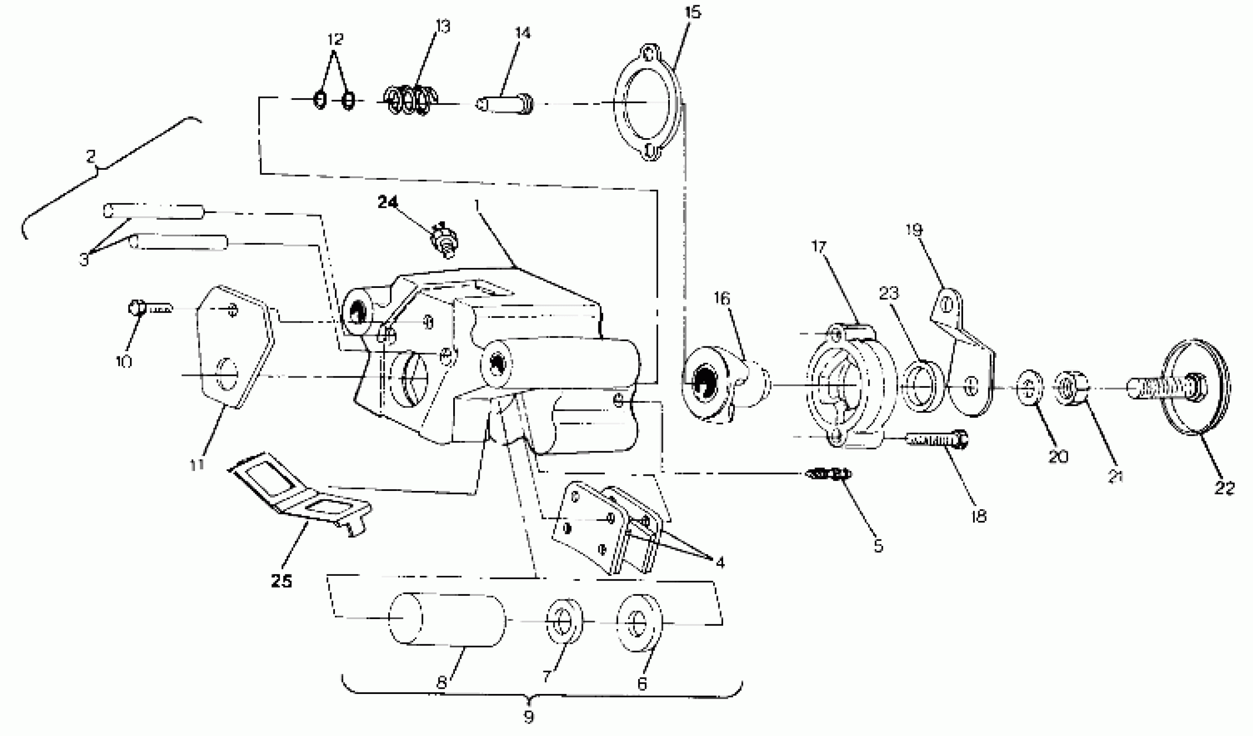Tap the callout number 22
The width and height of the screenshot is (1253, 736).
tap(1224, 487)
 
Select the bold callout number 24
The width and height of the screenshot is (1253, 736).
tap(388, 202)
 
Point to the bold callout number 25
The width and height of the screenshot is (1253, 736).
tap(282, 581)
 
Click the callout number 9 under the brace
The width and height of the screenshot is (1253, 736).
tap(529, 716)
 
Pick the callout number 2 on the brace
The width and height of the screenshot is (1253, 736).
tap(91, 157)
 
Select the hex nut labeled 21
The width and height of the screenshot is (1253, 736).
tap(1070, 387)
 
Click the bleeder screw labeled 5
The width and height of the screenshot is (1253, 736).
tap(828, 474)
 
